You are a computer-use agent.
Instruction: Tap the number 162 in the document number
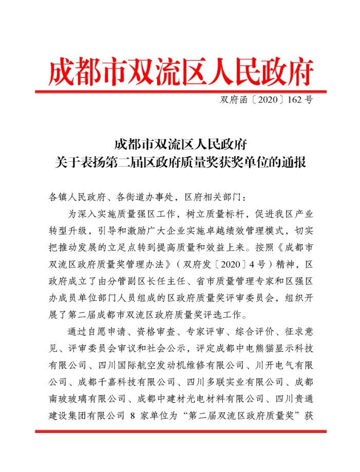coord(295,100)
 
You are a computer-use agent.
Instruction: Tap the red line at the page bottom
coord(180,431)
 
